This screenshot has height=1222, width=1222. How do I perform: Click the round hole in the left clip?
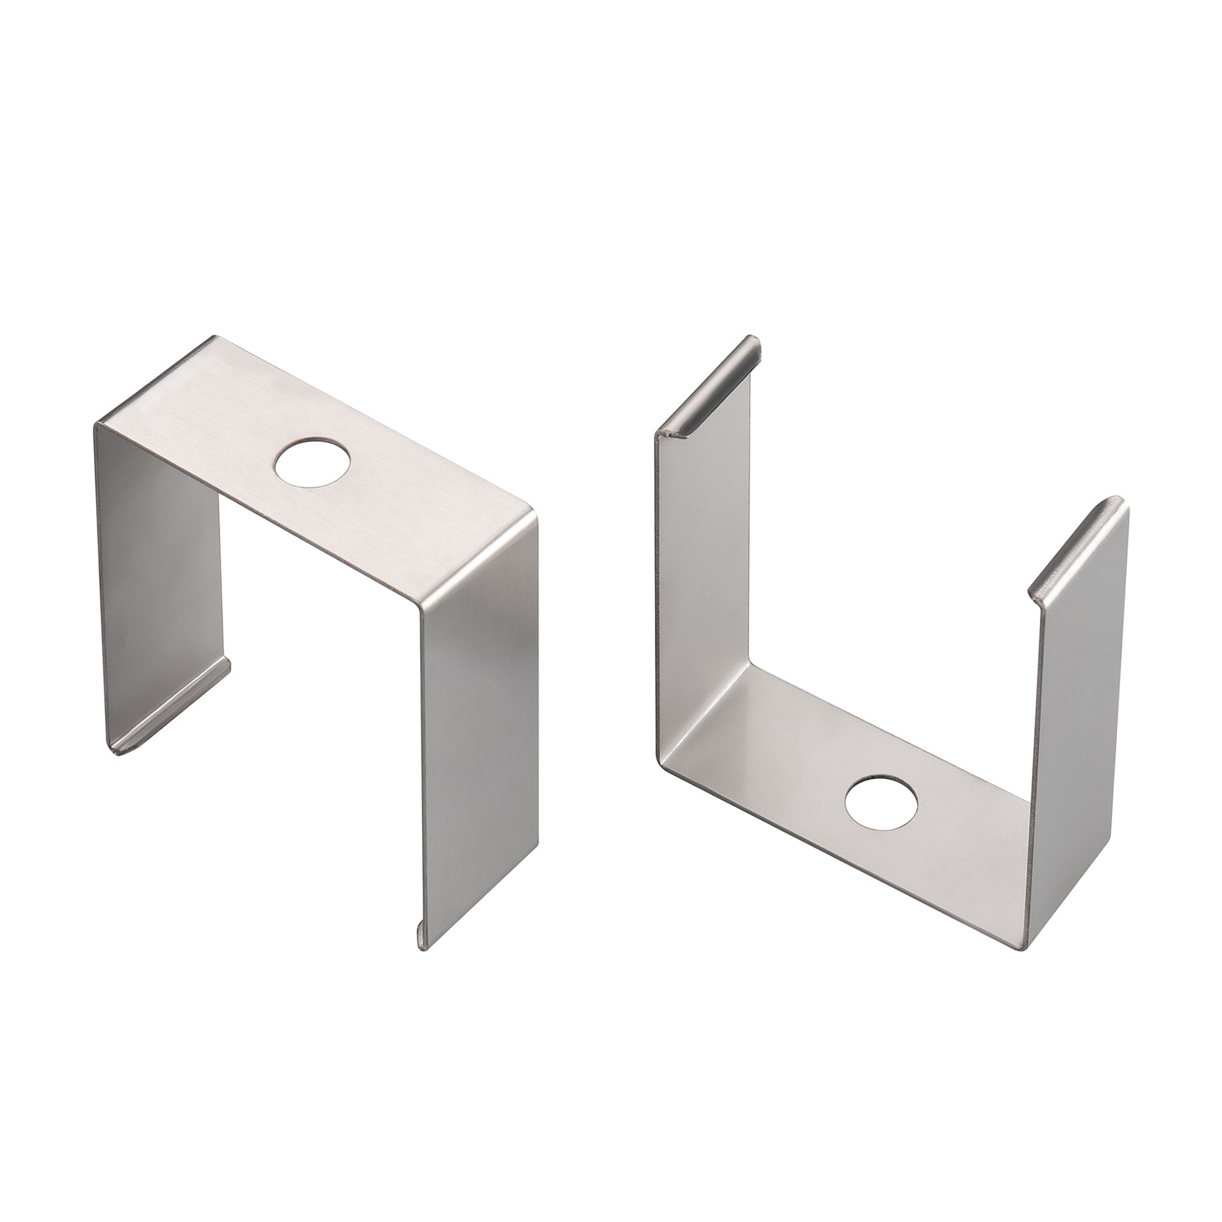point(313,463)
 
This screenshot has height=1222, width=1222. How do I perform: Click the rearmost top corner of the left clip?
point(215,338)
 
